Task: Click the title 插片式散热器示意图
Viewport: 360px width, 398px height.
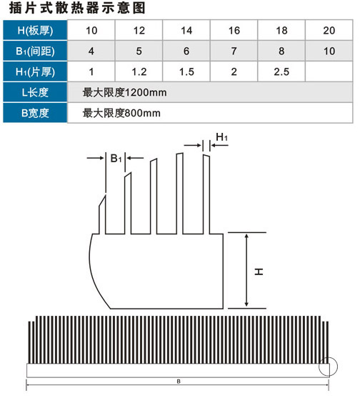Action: [77, 8]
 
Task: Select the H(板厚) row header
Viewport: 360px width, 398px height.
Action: [35, 30]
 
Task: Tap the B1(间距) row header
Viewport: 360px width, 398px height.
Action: [35, 51]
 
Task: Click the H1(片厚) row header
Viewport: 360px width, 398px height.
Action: [35, 72]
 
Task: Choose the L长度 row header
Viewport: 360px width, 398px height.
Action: [35, 92]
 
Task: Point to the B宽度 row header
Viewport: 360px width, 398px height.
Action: [35, 113]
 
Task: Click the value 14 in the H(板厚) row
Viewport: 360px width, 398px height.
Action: [186, 31]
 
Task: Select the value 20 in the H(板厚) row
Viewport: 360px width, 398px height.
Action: [329, 31]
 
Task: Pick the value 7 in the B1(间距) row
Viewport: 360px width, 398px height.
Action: [234, 51]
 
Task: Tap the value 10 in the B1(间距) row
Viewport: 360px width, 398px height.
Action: [329, 51]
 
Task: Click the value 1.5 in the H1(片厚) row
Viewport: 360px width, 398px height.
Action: [186, 72]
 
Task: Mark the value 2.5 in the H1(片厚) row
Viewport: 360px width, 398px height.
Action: [281, 72]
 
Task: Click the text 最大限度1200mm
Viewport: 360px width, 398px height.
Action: [124, 92]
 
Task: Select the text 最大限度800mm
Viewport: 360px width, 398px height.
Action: [121, 113]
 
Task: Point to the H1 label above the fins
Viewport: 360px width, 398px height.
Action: [221, 137]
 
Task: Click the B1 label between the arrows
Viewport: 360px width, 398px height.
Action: [116, 159]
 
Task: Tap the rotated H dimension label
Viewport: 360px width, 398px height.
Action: [259, 272]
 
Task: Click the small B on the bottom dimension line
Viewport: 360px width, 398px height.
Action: [179, 382]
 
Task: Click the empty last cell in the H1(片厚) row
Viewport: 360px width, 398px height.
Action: [329, 71]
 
